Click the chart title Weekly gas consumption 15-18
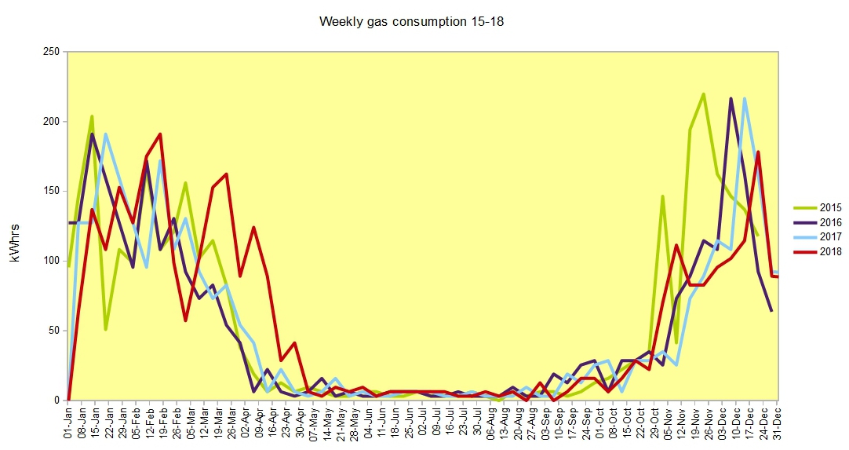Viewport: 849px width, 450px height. [411, 21]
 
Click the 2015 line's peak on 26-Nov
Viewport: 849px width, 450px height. [703, 93]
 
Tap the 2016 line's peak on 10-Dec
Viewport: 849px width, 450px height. [731, 98]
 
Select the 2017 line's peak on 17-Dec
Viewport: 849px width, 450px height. [744, 98]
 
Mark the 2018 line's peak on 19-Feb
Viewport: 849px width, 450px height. [160, 134]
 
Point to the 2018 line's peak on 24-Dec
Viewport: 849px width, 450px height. [758, 152]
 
